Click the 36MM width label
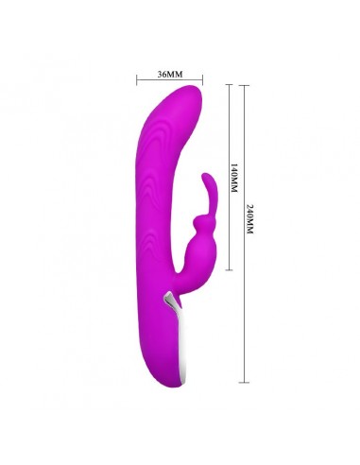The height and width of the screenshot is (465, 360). point(170,72)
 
